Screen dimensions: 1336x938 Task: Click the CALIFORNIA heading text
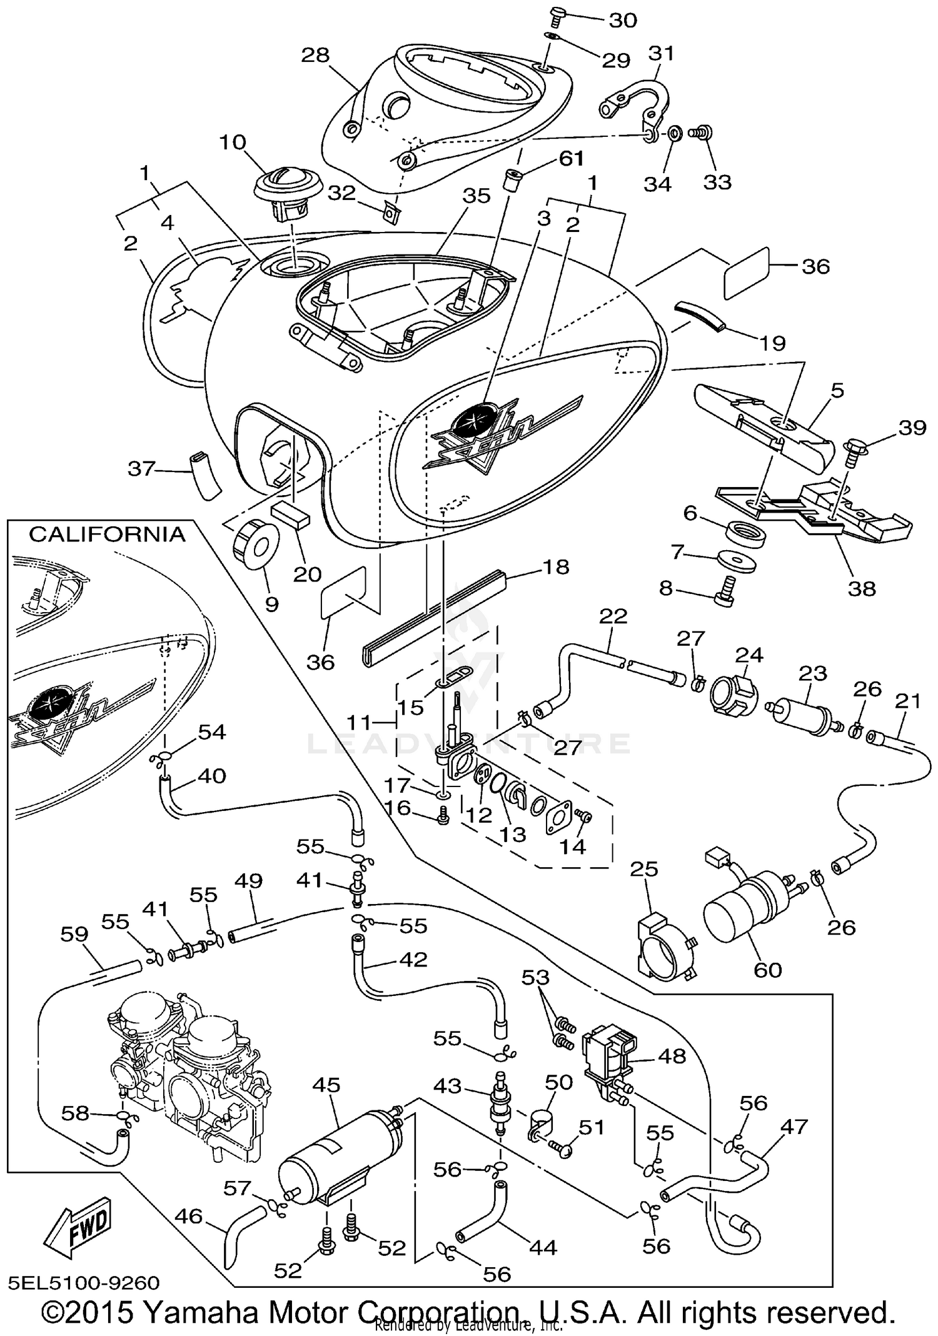[107, 535]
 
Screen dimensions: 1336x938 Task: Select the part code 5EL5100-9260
[84, 1283]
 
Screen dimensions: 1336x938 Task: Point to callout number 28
[315, 55]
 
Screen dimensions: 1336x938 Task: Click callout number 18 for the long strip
[556, 567]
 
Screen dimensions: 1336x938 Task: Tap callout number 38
[862, 588]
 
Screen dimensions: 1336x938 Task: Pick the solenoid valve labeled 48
[610, 1057]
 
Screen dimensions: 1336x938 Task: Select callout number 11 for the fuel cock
[359, 723]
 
